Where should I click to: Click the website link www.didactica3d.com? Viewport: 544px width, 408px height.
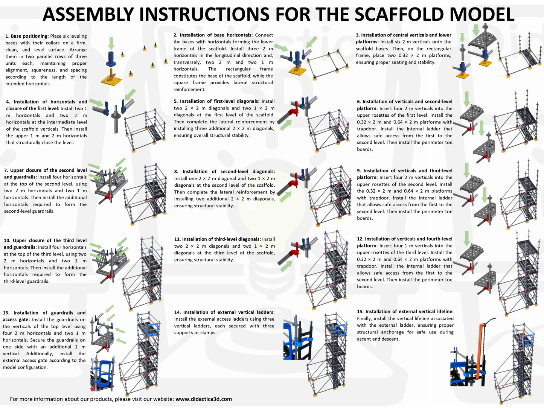click(x=203, y=399)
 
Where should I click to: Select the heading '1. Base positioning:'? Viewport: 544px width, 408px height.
click(x=27, y=36)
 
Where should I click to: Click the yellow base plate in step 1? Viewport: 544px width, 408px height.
click(x=111, y=80)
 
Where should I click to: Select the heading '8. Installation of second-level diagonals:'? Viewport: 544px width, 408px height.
click(x=224, y=172)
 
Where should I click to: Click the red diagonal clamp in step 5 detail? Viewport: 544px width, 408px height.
click(x=293, y=111)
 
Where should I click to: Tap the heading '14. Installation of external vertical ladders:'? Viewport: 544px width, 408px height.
click(x=224, y=312)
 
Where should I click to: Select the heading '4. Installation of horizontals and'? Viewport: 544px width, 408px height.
click(x=46, y=102)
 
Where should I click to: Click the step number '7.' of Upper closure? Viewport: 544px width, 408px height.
click(x=6, y=170)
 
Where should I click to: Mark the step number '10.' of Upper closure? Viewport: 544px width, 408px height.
click(x=7, y=241)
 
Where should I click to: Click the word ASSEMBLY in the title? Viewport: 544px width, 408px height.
click(x=88, y=14)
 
